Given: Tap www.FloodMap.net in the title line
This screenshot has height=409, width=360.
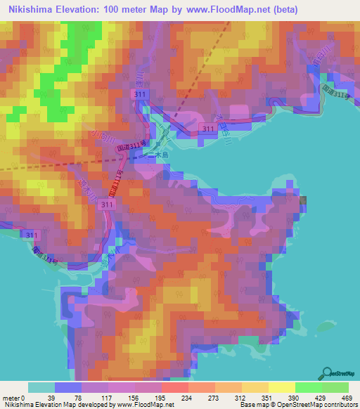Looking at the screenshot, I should tap(216, 10).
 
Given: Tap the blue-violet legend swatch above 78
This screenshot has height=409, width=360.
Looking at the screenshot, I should tap(68, 387).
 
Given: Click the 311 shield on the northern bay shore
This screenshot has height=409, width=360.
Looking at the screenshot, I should tap(208, 129).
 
